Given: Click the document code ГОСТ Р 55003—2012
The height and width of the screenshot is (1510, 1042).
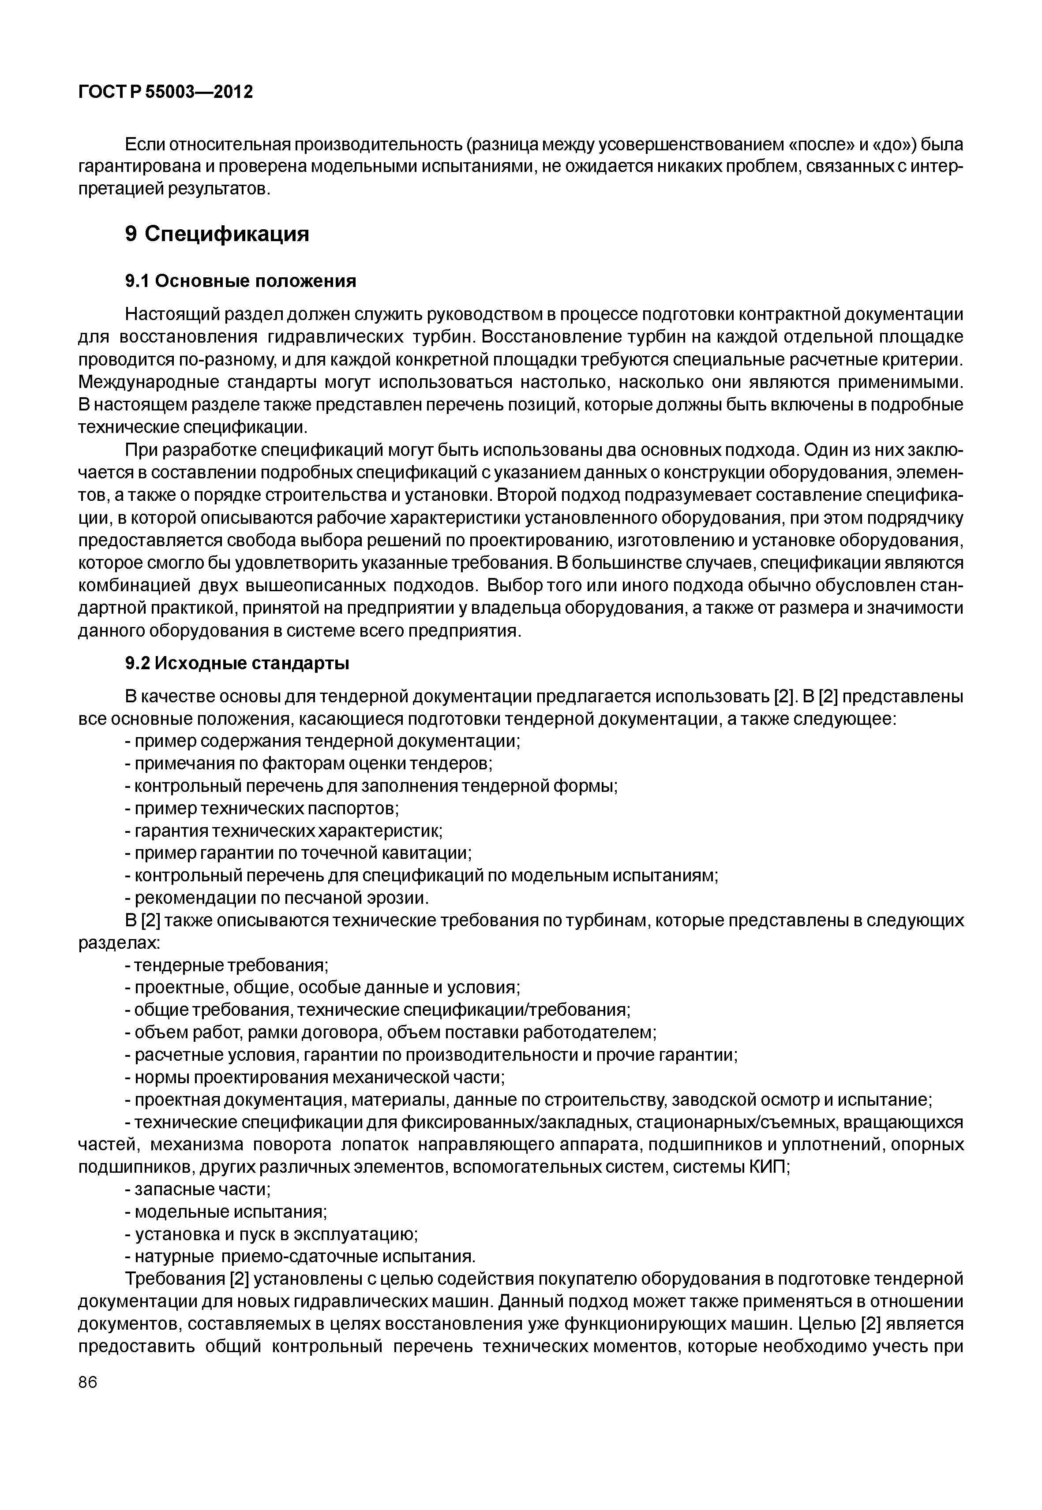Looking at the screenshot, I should click(165, 93).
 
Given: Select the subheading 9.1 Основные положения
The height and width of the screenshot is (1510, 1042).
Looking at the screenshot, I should click(240, 281).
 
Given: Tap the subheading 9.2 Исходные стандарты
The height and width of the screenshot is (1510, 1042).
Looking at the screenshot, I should click(237, 664).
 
